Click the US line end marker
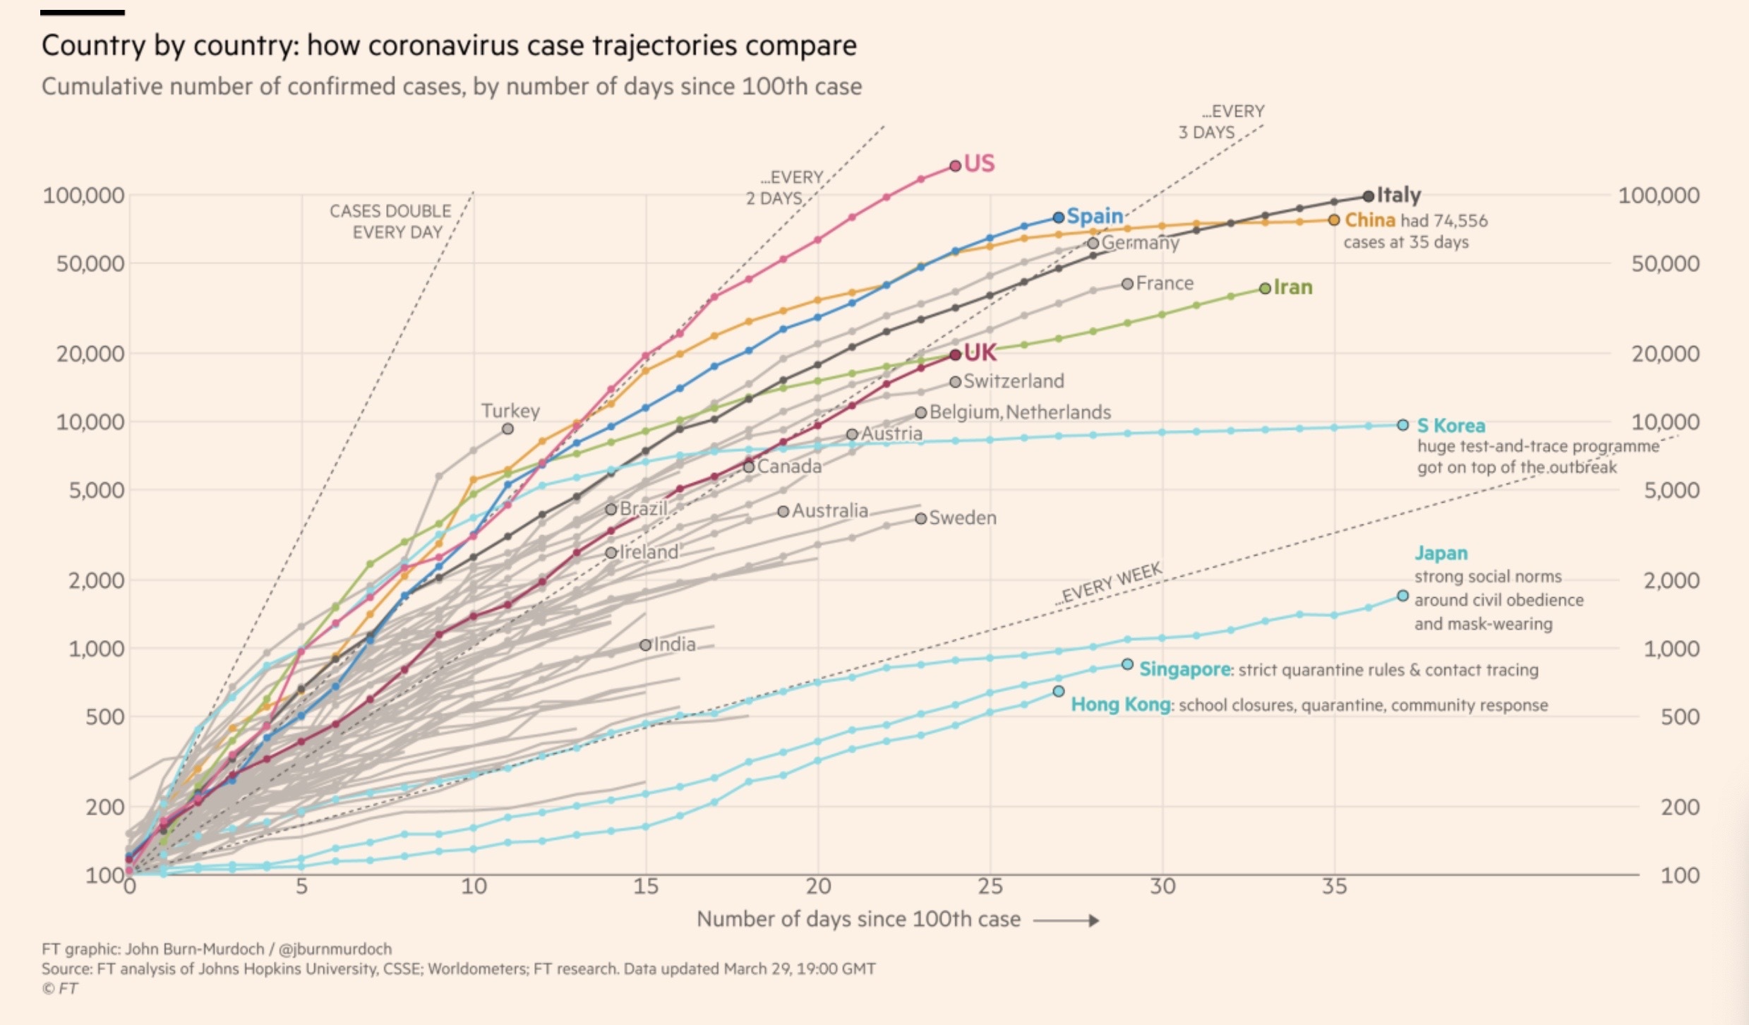tap(955, 165)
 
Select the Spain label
tap(1095, 216)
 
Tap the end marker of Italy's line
tap(1369, 196)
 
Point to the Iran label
tap(1293, 287)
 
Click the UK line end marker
tap(955, 354)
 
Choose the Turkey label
tap(510, 411)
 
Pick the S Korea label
tap(1451, 426)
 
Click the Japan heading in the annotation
tap(1441, 553)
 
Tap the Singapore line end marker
tap(1128, 664)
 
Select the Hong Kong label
tap(1120, 705)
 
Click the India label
tap(675, 645)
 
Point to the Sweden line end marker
tap(921, 518)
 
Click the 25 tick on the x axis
tap(990, 887)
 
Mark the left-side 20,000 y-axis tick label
tap(90, 353)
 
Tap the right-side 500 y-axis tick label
tap(1680, 717)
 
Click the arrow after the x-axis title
tap(1066, 921)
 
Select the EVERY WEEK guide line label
tap(1110, 584)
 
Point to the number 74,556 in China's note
tap(1461, 221)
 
